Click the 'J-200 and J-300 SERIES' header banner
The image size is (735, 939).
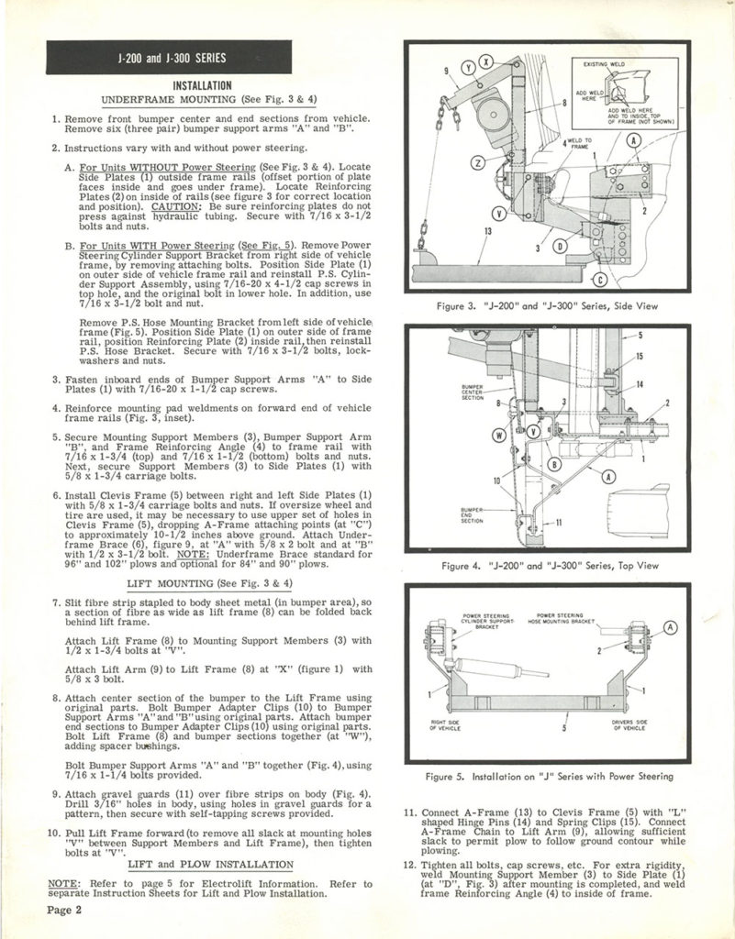coord(152,61)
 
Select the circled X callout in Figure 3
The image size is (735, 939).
coord(486,61)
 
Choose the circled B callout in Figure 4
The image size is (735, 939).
coord(553,465)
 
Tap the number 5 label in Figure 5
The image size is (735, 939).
coord(562,725)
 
